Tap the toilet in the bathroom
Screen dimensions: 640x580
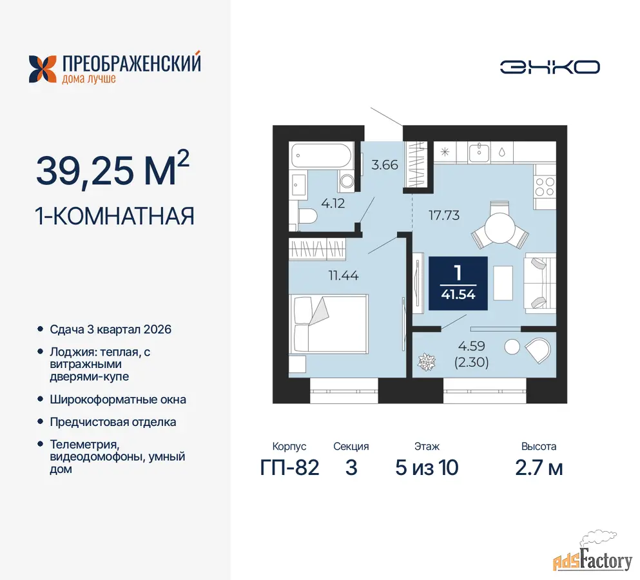pos(307,216)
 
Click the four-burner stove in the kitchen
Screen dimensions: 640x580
pos(545,188)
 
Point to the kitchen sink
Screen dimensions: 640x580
pos(479,152)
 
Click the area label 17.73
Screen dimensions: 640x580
pos(443,215)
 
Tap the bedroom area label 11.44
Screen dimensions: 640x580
pos(344,276)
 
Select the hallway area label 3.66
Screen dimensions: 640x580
pos(385,165)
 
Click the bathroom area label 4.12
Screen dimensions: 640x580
pos(333,203)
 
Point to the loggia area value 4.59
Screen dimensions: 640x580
pos(471,346)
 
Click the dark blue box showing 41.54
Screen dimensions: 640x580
pos(458,284)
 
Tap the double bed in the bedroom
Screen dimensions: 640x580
pos(329,324)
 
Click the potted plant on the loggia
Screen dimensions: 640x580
pos(427,362)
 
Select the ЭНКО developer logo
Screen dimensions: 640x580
pos(550,67)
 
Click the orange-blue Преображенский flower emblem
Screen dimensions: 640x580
pos(43,69)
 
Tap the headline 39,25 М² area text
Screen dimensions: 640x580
pos(113,169)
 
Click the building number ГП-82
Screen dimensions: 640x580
pos(289,467)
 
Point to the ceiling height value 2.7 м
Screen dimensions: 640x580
pos(539,468)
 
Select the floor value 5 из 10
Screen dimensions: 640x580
pos(427,468)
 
